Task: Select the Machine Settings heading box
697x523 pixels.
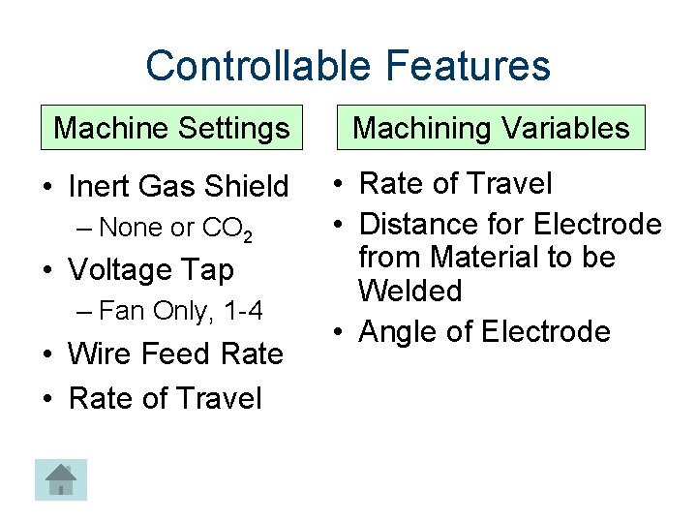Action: [171, 127]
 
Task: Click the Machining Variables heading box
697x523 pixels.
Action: [491, 127]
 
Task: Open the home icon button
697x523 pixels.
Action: [61, 479]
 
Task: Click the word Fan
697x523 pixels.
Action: [119, 312]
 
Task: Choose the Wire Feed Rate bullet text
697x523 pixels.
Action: [175, 354]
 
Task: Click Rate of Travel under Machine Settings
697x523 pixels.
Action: [165, 397]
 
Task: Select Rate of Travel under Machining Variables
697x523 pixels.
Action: [455, 183]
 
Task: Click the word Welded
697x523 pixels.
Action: [409, 291]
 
